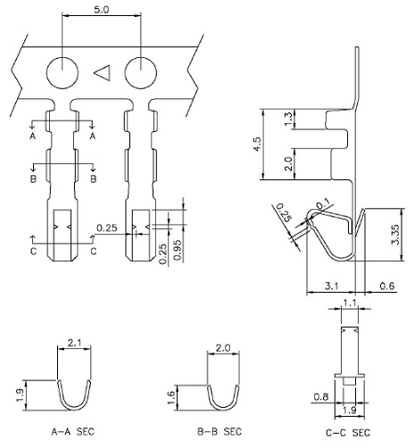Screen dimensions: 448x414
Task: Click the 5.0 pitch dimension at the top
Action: tap(101, 10)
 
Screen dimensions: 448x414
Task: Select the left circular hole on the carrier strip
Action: tap(62, 71)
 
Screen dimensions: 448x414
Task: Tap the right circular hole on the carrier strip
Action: tap(141, 71)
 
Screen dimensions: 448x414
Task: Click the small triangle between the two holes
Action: tap(103, 71)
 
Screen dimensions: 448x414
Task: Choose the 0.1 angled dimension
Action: tap(323, 203)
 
